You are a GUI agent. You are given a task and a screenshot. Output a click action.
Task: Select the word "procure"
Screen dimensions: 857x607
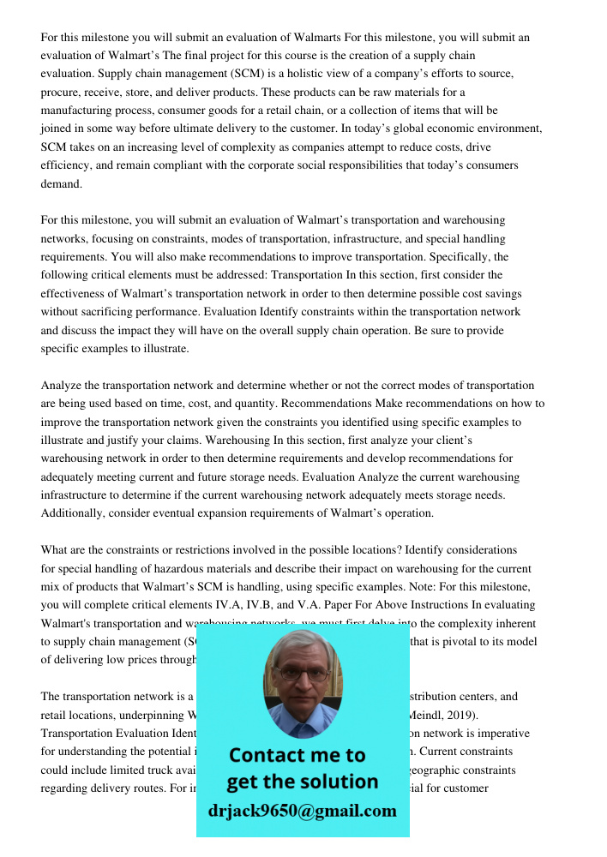(60, 93)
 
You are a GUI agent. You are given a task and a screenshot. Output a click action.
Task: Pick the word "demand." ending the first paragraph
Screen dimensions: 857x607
(60, 184)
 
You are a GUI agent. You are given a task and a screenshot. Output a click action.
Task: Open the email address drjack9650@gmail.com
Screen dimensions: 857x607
(302, 811)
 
